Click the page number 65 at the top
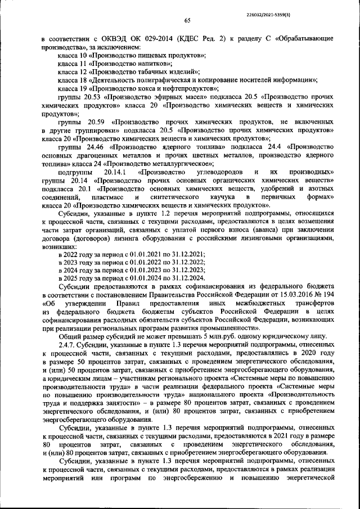(187, 21)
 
